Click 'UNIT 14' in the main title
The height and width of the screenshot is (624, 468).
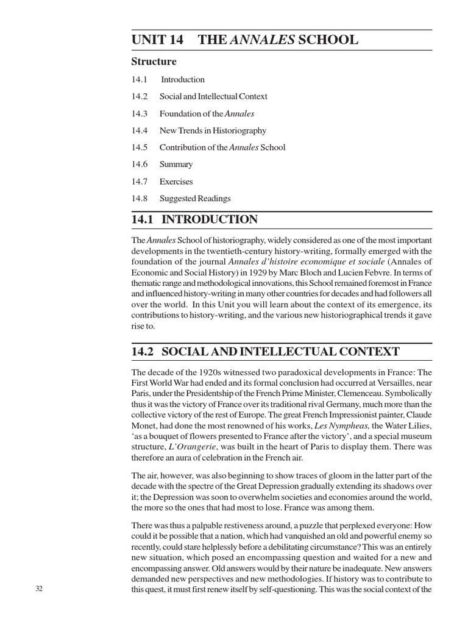(x=157, y=40)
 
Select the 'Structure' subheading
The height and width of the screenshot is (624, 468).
(x=154, y=62)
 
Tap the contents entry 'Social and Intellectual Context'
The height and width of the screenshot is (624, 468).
(x=213, y=96)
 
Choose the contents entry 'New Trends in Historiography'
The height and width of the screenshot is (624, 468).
(x=213, y=130)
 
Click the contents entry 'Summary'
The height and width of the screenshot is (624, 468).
(x=175, y=164)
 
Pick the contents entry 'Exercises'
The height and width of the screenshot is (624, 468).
(x=175, y=181)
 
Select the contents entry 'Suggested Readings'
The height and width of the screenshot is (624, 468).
(x=195, y=198)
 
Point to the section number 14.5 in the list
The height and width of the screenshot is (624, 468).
(x=140, y=147)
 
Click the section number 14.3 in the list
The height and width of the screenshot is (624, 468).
(x=140, y=113)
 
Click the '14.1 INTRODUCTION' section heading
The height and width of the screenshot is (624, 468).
(x=194, y=220)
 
